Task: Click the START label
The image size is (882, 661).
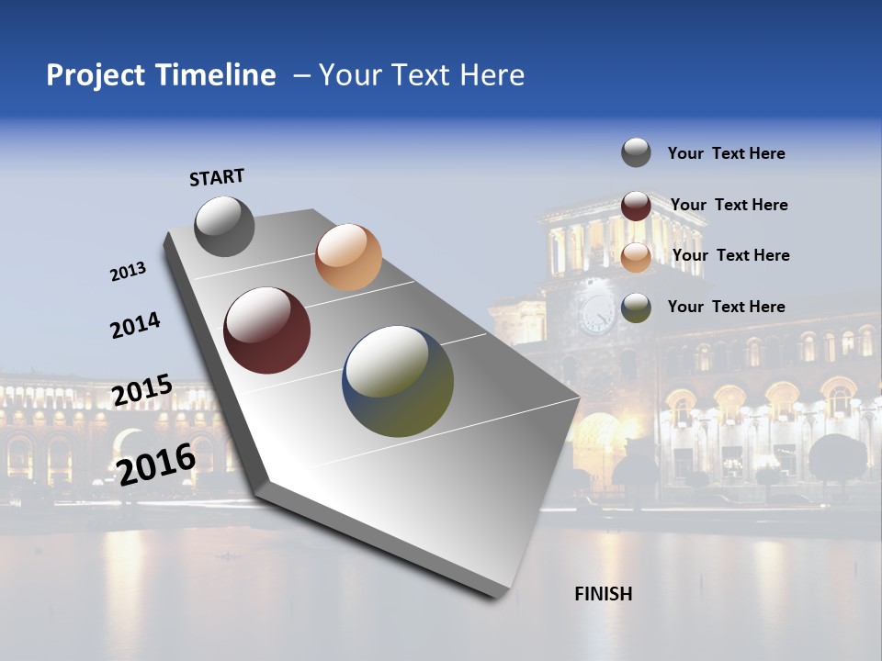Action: pos(217,177)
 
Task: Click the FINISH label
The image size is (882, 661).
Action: pos(603,594)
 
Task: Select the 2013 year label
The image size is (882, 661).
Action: pos(128,272)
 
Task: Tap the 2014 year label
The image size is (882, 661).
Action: pos(135,325)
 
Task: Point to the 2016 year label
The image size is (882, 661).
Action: pos(156,464)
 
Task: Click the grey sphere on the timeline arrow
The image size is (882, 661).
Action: pos(224,226)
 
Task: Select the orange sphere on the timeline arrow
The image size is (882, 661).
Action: pos(348,257)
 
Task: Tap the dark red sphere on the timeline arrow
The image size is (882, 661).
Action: pos(267,330)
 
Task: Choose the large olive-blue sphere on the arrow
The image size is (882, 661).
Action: pos(398,381)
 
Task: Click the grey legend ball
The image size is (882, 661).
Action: pos(636,152)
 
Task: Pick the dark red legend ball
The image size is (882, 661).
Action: pos(636,206)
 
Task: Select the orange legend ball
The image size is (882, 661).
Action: pos(636,257)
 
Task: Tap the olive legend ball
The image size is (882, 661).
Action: pos(636,308)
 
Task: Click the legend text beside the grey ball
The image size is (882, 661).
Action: pos(726,153)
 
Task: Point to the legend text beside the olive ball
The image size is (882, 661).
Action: pos(726,307)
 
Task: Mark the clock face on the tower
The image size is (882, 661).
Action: pos(597,314)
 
